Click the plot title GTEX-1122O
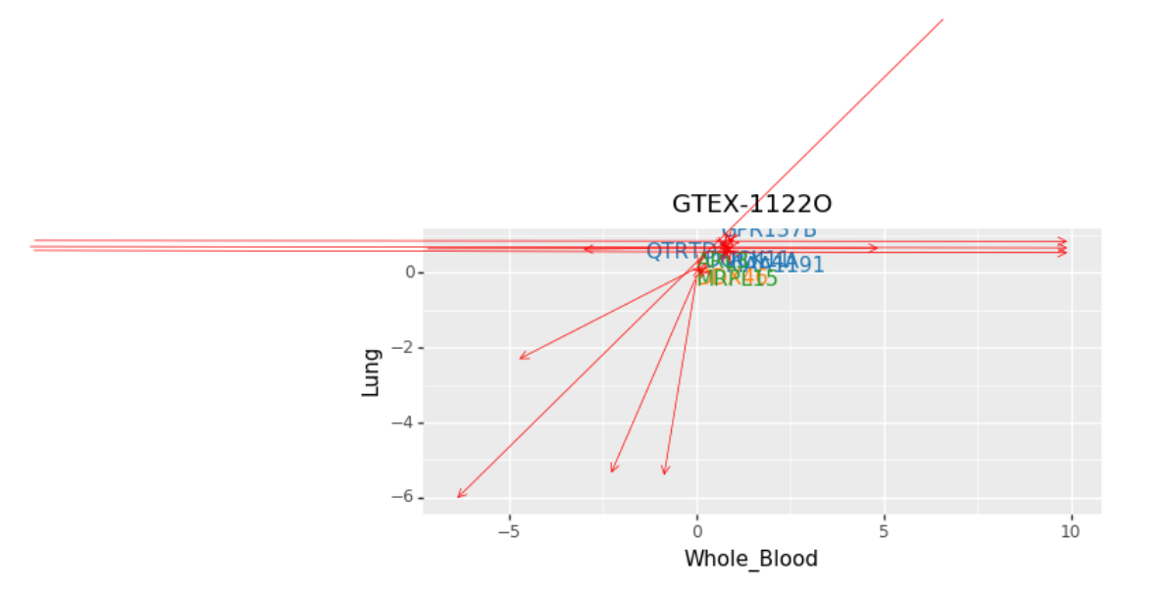(x=751, y=204)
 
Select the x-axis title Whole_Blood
(x=750, y=559)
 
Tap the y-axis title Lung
(x=371, y=372)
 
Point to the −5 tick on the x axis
(x=509, y=531)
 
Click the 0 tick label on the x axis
(x=696, y=531)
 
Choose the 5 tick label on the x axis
(x=884, y=531)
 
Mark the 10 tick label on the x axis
(x=1070, y=531)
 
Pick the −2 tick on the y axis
(x=403, y=348)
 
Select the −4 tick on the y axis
(x=403, y=423)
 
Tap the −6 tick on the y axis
(x=403, y=498)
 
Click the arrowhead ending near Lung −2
(x=521, y=358)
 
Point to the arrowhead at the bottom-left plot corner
(x=459, y=496)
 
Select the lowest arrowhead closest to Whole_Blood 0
(x=665, y=472)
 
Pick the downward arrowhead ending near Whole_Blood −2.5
(x=613, y=470)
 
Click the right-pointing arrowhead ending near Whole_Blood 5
(x=875, y=248)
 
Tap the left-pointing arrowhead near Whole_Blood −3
(x=586, y=249)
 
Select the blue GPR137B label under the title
(x=769, y=231)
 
